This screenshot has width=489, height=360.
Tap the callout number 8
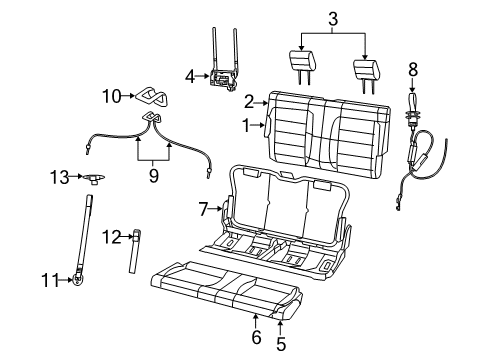(x=411, y=70)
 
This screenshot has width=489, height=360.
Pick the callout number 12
(x=113, y=236)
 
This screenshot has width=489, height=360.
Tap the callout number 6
(x=256, y=339)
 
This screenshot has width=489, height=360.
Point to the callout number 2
(x=250, y=101)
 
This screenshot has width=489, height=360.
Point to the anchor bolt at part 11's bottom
(x=76, y=280)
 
